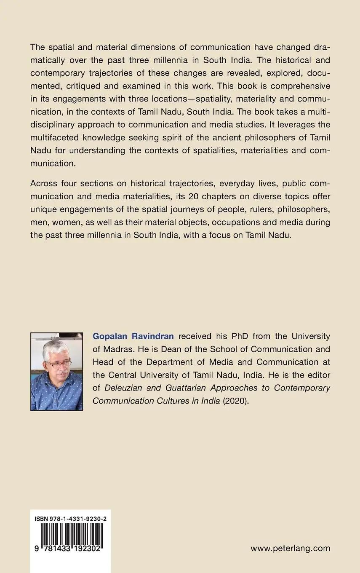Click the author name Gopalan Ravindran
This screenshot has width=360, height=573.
click(x=133, y=336)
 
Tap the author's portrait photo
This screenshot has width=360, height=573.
click(x=56, y=371)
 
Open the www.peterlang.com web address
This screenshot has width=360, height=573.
click(x=290, y=548)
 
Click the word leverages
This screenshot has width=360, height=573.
click(x=299, y=125)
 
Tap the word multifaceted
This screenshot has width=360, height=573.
click(x=55, y=138)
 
